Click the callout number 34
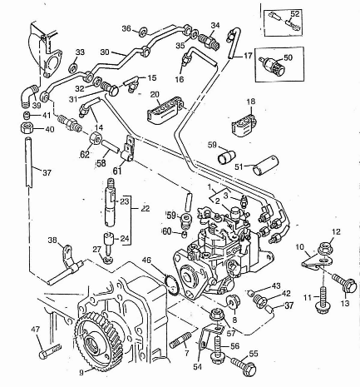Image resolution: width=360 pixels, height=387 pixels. [215, 26]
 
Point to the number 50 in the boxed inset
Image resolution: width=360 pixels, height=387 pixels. [288, 57]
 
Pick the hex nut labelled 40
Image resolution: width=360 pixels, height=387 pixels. [27, 128]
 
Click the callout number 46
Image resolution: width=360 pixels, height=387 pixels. [146, 260]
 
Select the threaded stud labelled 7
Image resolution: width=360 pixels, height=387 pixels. [176, 340]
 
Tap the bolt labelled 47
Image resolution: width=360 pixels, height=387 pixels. [50, 350]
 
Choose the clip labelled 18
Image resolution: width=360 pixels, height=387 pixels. [244, 124]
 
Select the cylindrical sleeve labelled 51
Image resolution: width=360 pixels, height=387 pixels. [265, 166]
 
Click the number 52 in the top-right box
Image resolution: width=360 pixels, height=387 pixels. [295, 13]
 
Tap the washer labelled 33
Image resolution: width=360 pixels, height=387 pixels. [74, 67]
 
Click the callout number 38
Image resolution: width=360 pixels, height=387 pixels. [53, 240]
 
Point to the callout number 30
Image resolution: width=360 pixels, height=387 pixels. [105, 52]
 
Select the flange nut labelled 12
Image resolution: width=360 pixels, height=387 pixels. [323, 246]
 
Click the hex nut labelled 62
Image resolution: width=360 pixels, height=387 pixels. [96, 137]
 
